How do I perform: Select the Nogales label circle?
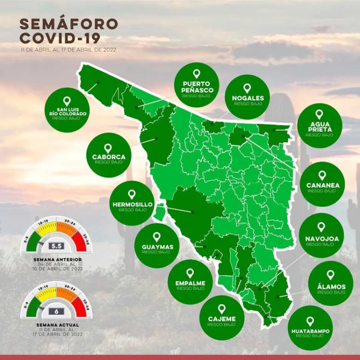click(247, 96)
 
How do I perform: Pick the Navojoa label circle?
click(321, 236)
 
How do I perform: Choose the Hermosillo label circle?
click(132, 203)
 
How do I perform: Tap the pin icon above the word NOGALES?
click(247, 89)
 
